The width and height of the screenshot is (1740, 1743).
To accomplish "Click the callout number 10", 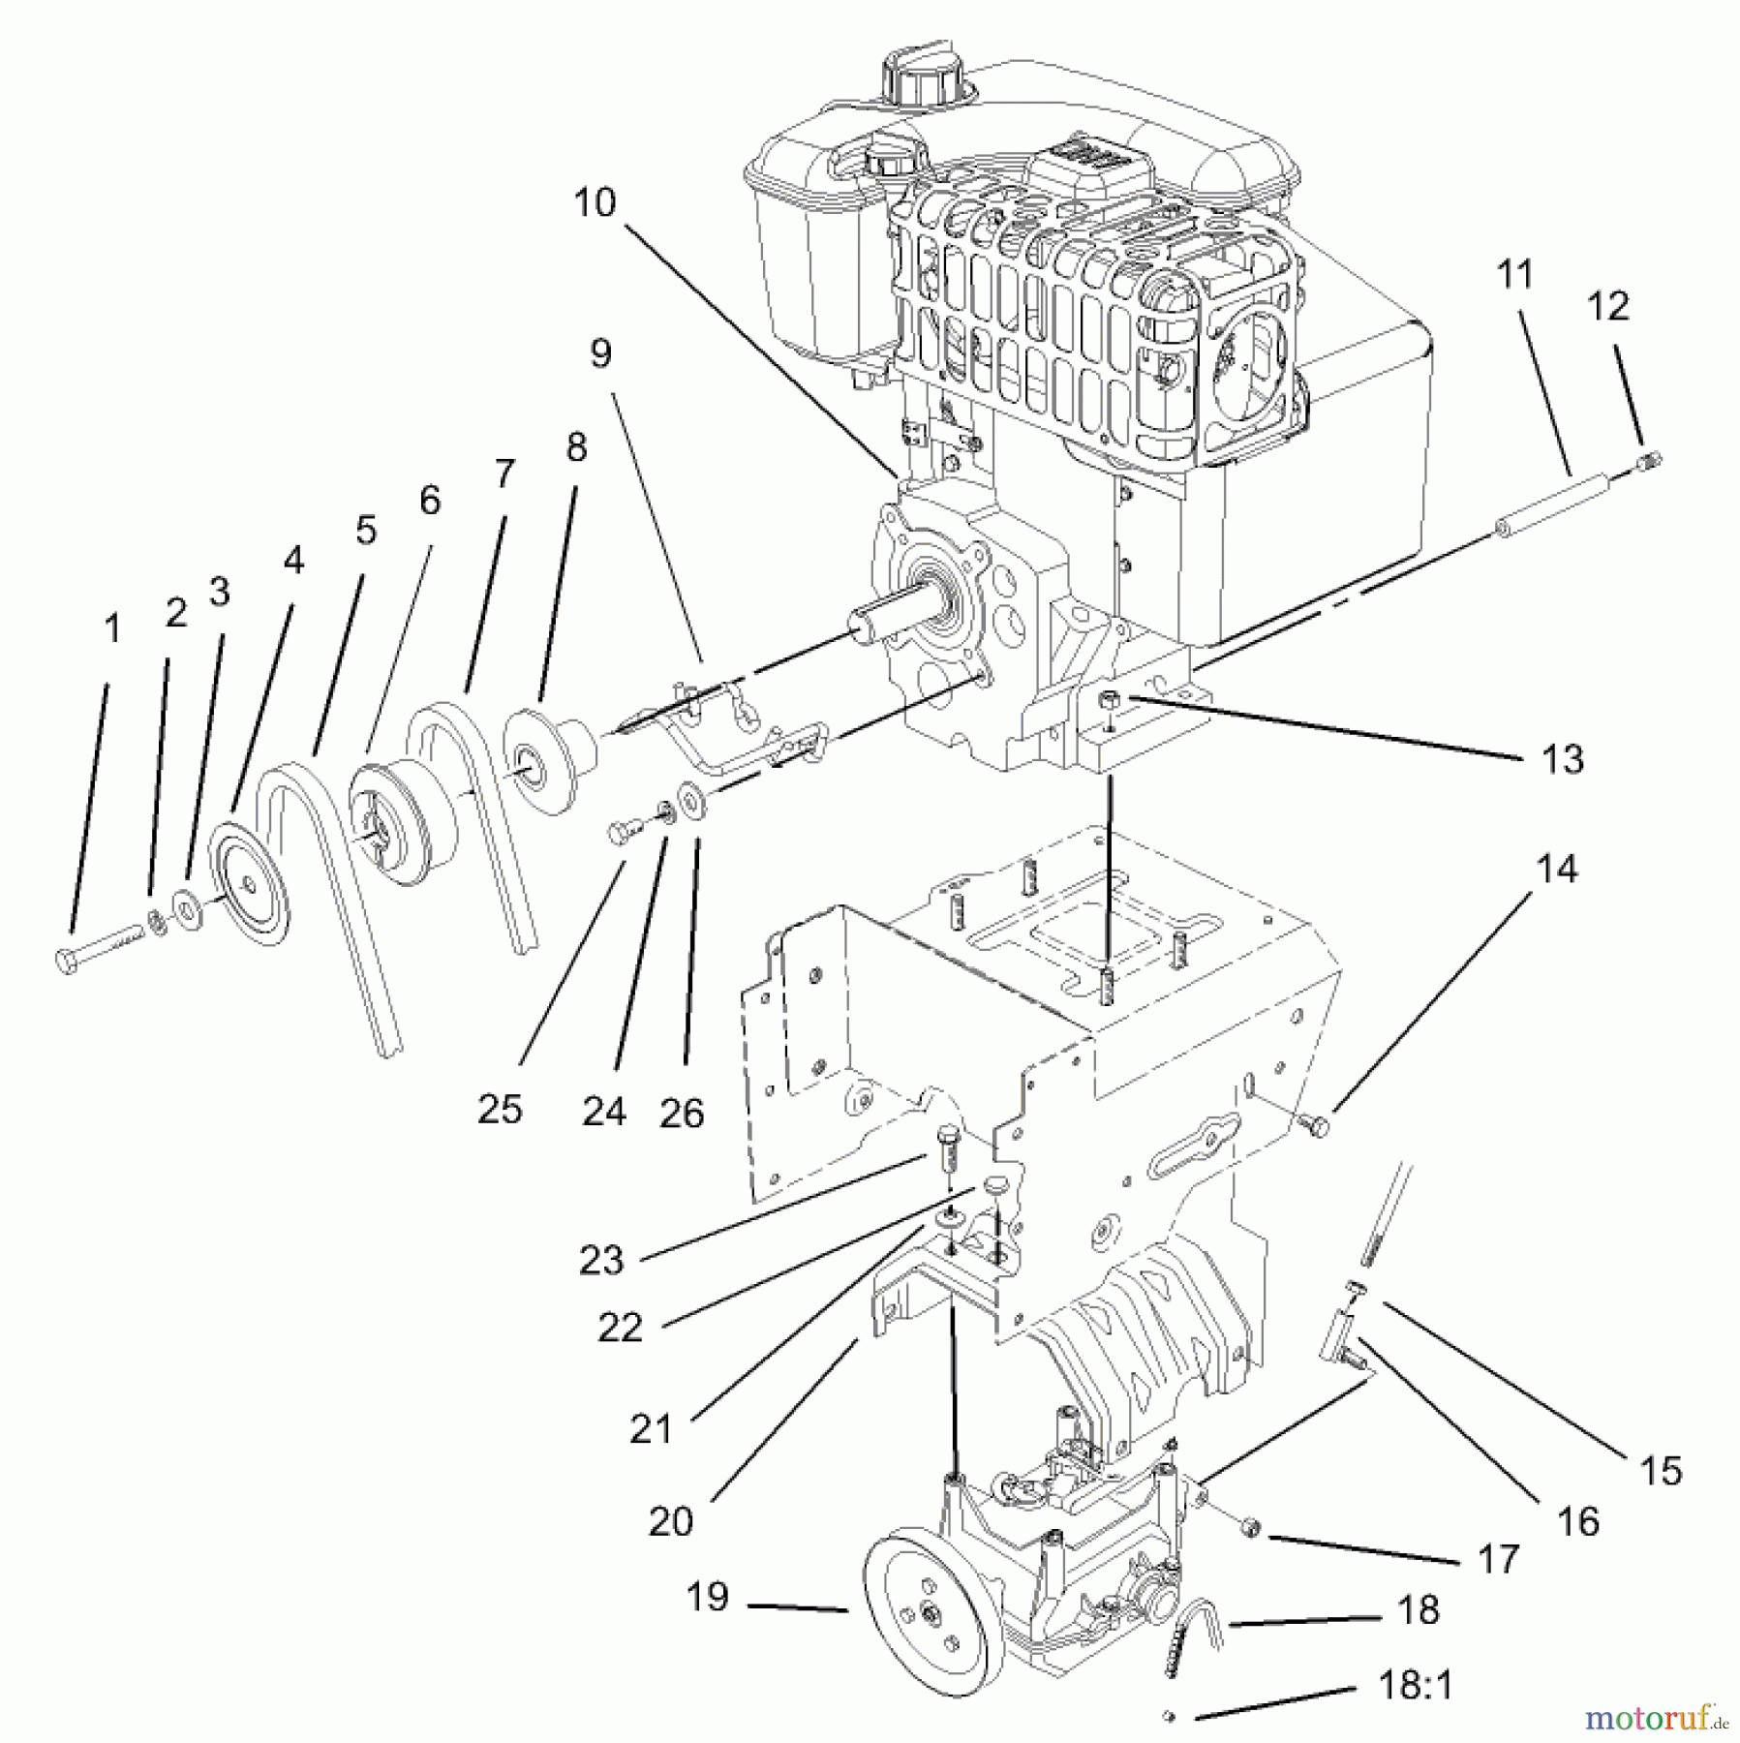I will pyautogui.click(x=594, y=203).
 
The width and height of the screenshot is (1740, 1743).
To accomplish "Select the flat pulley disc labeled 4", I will pyautogui.click(x=253, y=883).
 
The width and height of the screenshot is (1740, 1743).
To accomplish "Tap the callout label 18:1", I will pyautogui.click(x=1415, y=1687).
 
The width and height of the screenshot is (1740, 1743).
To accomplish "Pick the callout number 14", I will pyautogui.click(x=1557, y=869).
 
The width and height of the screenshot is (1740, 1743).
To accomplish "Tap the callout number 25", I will pyautogui.click(x=500, y=1109).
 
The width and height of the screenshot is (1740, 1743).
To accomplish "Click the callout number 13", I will pyautogui.click(x=1562, y=759).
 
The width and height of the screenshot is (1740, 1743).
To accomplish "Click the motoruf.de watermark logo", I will pyautogui.click(x=1655, y=1718).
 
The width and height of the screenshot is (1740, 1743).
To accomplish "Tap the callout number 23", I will pyautogui.click(x=601, y=1260).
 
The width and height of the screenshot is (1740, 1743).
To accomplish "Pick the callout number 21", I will pyautogui.click(x=650, y=1428).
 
